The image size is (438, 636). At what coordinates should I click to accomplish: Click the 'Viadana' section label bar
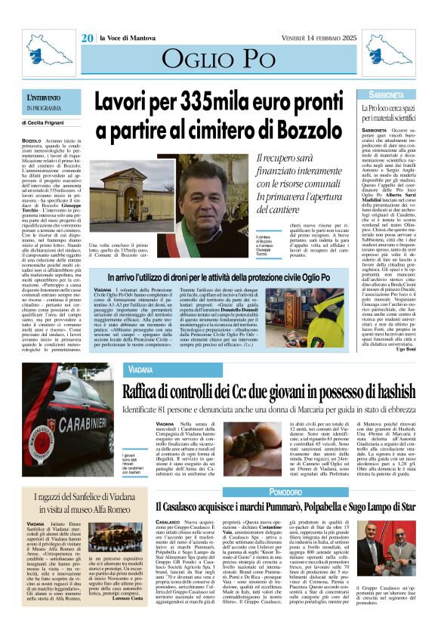coord(141,370)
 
